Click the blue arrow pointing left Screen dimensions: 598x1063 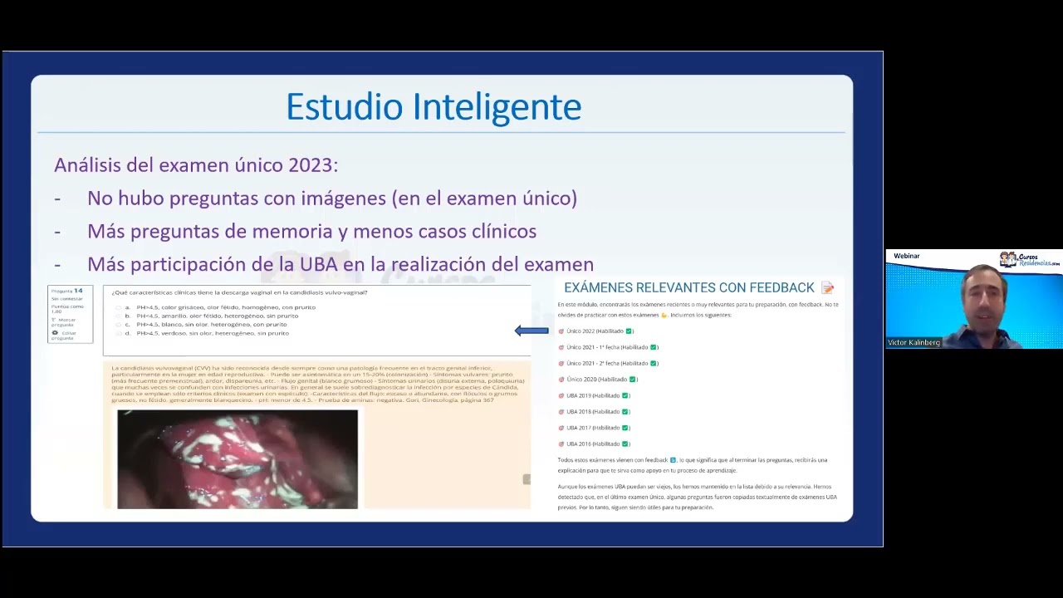(x=531, y=331)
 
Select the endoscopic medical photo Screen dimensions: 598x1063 (x=238, y=458)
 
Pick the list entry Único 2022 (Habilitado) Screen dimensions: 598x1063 (x=595, y=331)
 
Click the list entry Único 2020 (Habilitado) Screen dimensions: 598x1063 (x=597, y=380)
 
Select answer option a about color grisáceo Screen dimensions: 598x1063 (x=225, y=307)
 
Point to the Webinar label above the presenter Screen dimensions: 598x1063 (x=906, y=256)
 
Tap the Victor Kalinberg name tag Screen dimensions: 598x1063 (x=914, y=342)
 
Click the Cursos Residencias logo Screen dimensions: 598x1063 (x=1030, y=259)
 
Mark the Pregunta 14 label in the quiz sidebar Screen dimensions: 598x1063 (x=66, y=291)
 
